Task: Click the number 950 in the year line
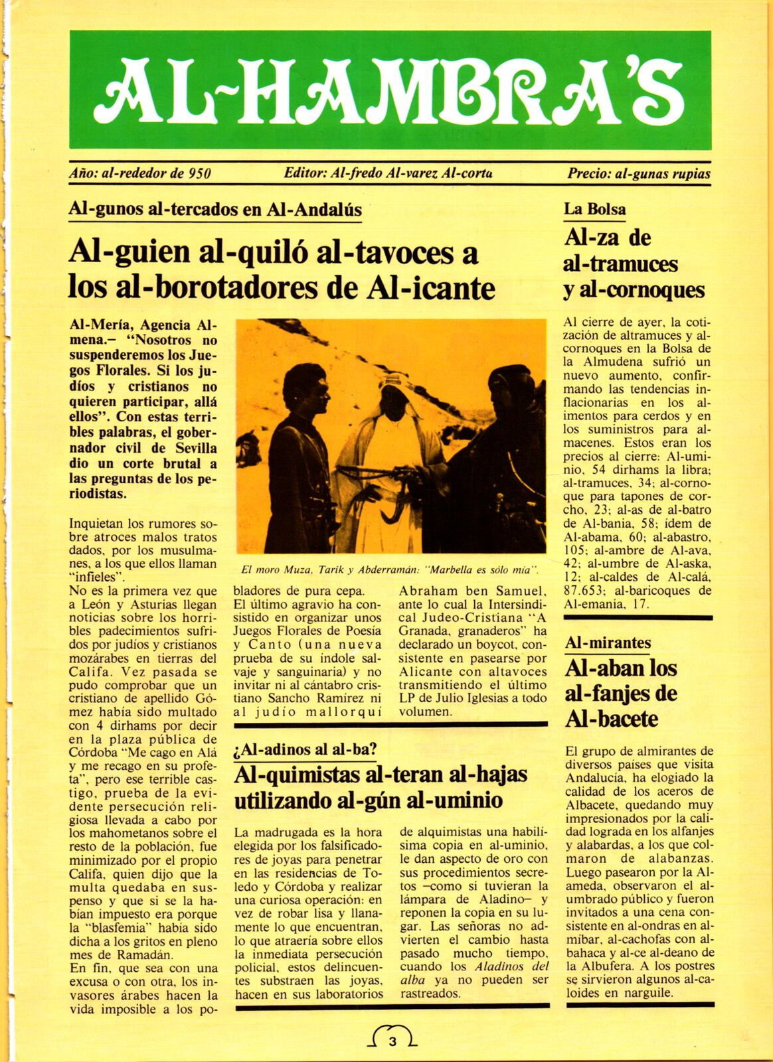click(200, 175)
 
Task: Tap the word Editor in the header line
click(304, 174)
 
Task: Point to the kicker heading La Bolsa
click(594, 210)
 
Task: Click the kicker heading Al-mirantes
click(608, 643)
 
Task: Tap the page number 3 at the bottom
click(392, 1041)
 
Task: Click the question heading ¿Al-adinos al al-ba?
click(305, 750)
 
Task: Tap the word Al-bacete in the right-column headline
click(611, 718)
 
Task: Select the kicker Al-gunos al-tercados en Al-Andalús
click(215, 210)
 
